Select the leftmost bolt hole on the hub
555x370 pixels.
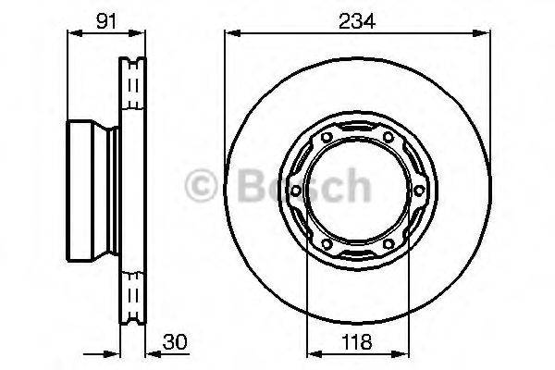point(293,191)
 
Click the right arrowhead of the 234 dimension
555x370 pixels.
point(483,34)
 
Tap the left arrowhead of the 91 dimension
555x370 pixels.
point(72,34)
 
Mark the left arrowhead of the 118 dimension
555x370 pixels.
point(310,352)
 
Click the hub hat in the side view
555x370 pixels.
point(88,191)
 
